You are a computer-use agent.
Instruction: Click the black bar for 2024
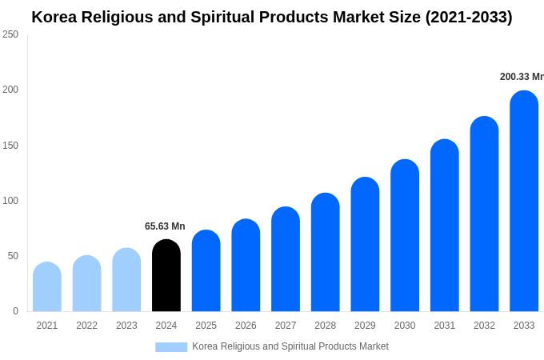pos(166,275)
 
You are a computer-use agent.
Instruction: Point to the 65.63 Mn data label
pos(165,226)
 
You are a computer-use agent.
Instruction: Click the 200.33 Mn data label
pos(522,77)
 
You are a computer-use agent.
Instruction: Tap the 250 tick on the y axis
pos(10,34)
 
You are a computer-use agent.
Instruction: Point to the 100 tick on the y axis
pos(10,201)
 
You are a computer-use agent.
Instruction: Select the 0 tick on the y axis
pos(15,311)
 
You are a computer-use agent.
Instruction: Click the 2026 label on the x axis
pos(246,326)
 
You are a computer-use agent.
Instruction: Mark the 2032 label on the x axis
pos(484,326)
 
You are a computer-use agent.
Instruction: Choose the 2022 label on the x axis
pos(86,326)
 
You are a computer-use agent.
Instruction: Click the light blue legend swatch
pos(171,347)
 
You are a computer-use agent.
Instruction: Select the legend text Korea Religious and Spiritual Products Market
pos(290,346)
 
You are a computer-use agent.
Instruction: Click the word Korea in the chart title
pos(54,17)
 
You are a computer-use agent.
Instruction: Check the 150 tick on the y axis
pos(10,146)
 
